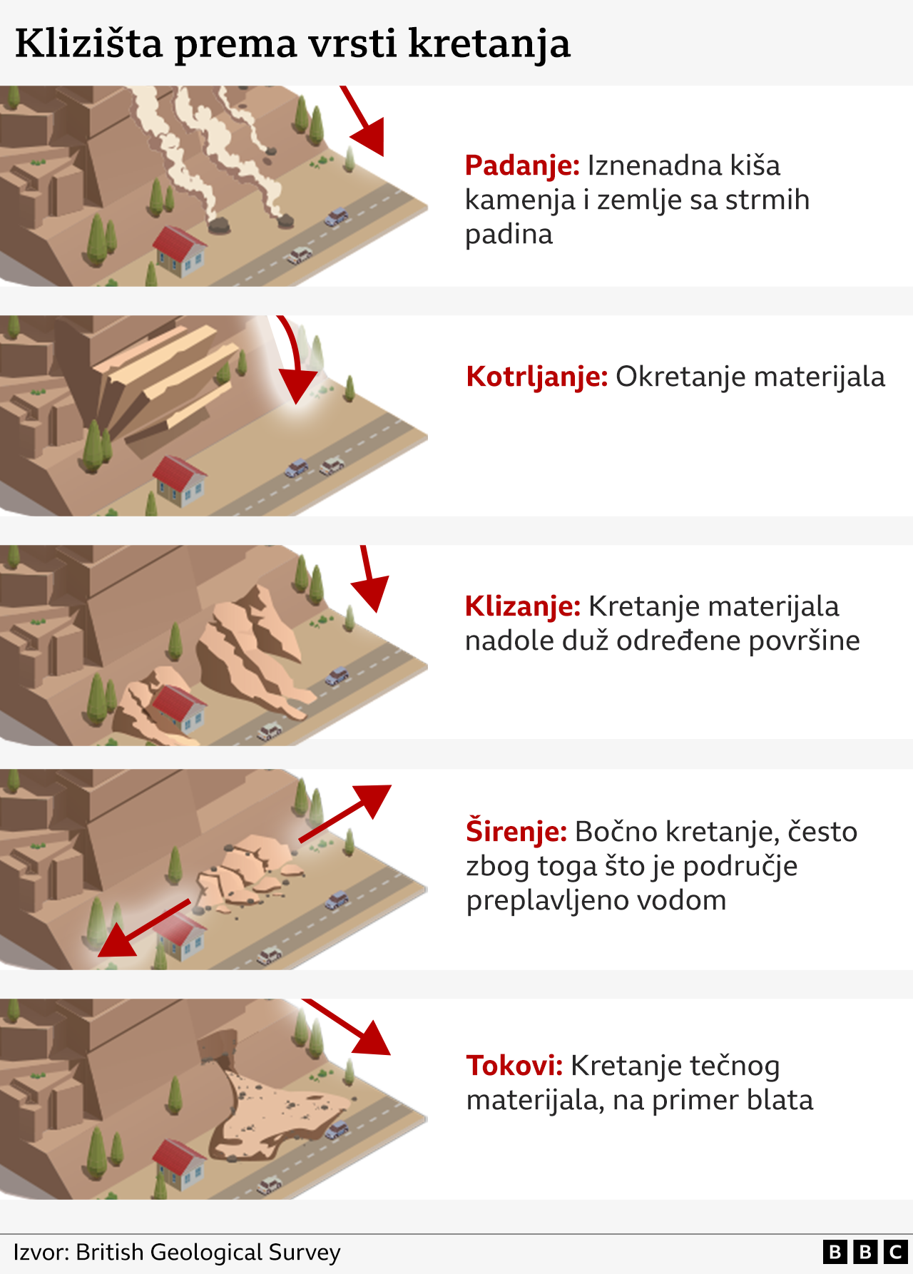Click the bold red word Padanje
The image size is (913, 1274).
521,165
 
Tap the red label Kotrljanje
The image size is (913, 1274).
536,377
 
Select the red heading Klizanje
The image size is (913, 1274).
522,606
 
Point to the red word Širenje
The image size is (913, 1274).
516,832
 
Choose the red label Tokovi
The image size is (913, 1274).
514,1066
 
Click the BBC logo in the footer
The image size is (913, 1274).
864,1252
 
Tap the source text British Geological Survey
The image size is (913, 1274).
208,1252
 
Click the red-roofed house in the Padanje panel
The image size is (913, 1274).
180,250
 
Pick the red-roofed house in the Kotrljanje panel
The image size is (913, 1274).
180,479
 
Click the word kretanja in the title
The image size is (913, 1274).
489,44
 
